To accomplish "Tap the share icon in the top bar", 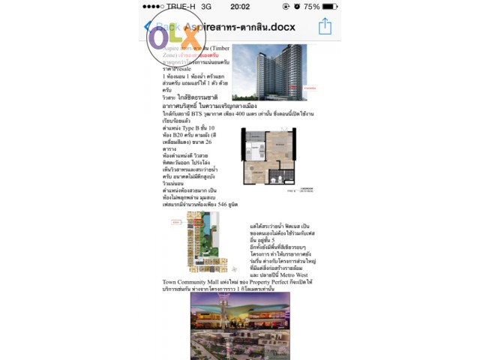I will coord(325,26).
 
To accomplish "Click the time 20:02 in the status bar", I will coord(240,6).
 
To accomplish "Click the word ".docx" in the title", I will coord(279,27).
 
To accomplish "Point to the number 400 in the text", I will coord(253,115).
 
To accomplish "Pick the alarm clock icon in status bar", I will coord(296,6).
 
